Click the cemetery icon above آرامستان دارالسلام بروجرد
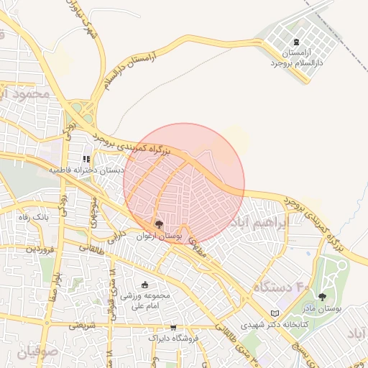coord(298,42)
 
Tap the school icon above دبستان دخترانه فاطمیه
coord(86,159)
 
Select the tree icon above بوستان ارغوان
coord(159,224)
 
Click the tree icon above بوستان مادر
coord(321,296)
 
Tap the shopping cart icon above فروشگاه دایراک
coord(172,327)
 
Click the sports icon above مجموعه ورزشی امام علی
coord(145,285)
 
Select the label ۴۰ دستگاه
coord(281,288)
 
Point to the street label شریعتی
coord(83,326)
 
